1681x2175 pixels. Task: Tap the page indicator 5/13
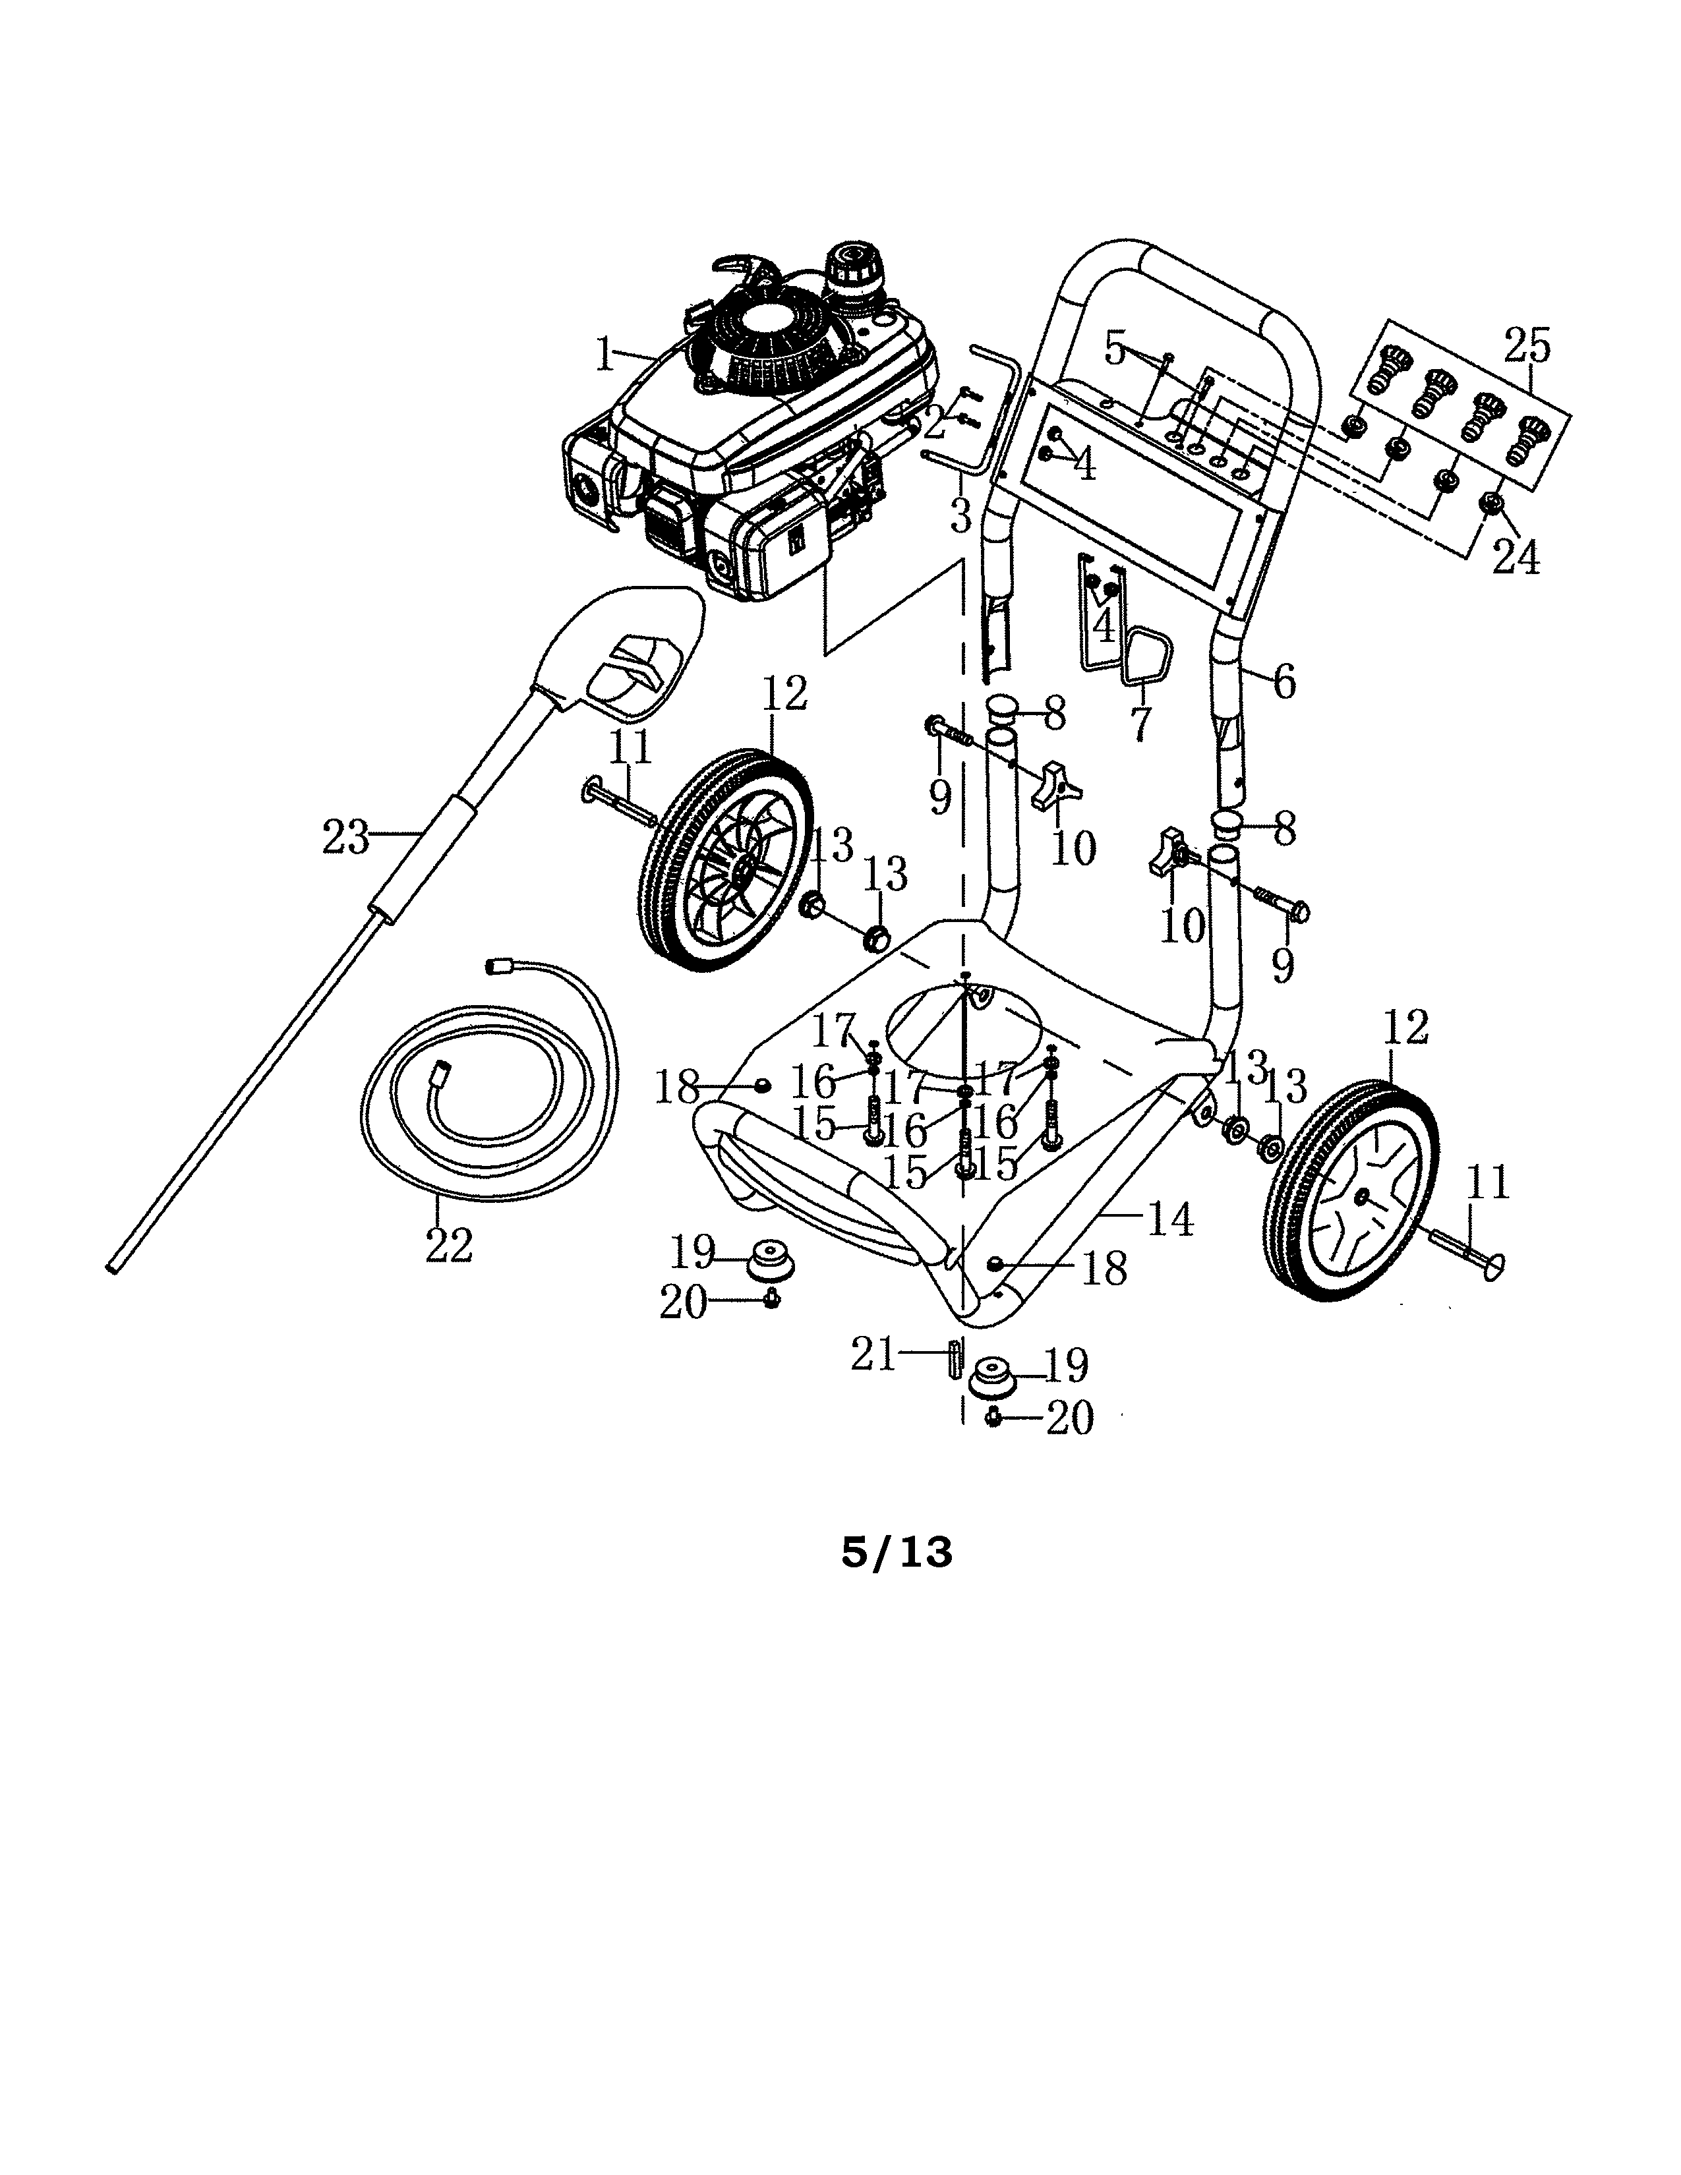pyautogui.click(x=897, y=1553)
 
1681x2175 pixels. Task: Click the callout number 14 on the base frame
pyautogui.click(x=1169, y=1220)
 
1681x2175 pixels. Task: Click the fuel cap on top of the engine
pyautogui.click(x=852, y=268)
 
